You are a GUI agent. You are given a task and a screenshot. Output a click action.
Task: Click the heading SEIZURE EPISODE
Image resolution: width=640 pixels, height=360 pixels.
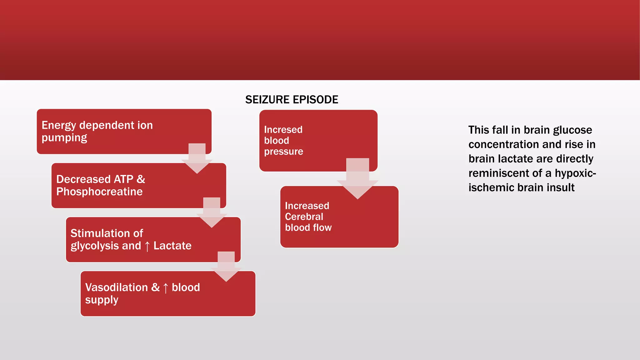(292, 100)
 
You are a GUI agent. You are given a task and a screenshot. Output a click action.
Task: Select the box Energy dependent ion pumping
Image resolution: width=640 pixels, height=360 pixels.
(124, 131)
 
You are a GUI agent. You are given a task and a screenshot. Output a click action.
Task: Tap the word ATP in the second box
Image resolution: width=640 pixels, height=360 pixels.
(123, 179)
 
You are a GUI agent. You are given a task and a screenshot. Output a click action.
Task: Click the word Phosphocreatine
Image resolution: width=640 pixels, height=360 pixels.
(99, 192)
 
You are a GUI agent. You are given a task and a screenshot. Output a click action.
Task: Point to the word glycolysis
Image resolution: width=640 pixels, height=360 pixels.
(90, 246)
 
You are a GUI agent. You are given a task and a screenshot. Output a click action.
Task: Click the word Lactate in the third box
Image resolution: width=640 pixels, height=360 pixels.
(172, 246)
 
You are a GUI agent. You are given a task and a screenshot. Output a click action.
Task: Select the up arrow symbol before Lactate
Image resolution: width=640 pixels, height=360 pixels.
(147, 246)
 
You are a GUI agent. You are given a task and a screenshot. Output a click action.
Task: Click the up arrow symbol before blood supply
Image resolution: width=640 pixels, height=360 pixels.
(166, 288)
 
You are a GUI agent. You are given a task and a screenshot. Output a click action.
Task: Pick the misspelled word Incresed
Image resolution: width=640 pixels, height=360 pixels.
(283, 130)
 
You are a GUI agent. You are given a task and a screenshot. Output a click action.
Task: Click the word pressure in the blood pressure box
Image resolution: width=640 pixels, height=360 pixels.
(283, 152)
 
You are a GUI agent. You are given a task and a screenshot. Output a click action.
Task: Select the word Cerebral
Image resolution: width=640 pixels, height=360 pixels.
(304, 217)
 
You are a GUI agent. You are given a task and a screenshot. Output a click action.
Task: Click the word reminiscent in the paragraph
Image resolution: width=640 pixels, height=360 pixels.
(505, 173)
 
